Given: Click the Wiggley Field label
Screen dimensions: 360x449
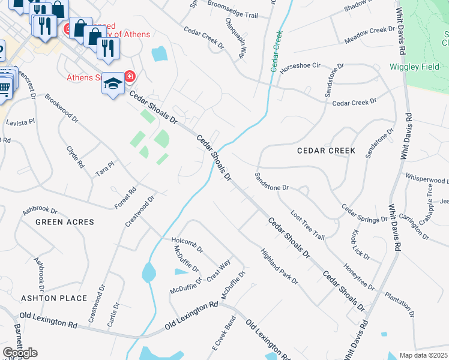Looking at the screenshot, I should [415, 67].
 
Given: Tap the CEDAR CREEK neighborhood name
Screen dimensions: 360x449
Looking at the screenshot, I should [326, 151].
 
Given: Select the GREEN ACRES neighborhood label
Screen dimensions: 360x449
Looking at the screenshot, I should [65, 222].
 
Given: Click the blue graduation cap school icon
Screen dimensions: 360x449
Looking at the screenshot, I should [112, 85].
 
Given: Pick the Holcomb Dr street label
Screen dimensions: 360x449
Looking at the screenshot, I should [187, 242].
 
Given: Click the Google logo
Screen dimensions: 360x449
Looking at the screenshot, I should [20, 353].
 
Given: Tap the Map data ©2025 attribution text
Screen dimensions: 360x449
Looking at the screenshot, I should [424, 355].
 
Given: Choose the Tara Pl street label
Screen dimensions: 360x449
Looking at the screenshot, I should [104, 169].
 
